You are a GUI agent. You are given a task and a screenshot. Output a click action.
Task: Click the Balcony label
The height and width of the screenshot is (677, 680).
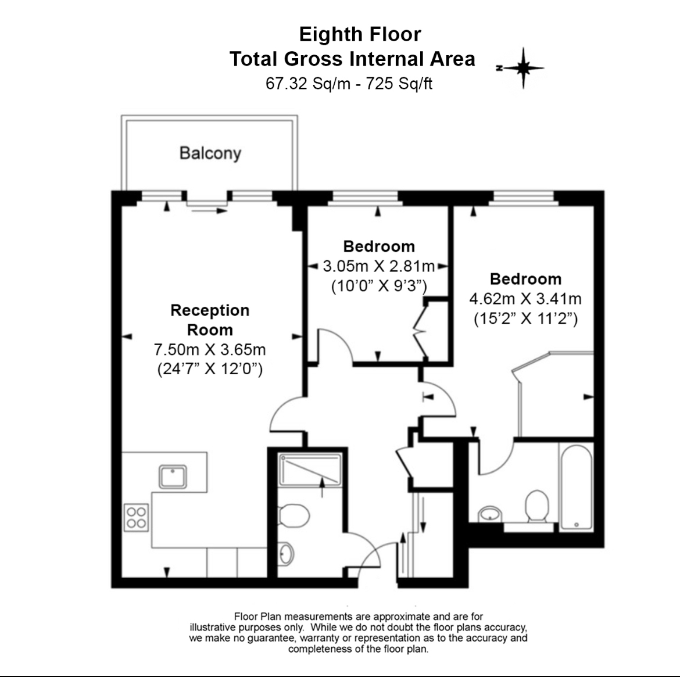(210, 153)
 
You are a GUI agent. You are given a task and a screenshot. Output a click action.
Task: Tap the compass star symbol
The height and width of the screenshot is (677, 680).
(522, 68)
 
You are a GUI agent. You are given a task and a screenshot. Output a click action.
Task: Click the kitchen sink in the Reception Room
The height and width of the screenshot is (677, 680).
(173, 477)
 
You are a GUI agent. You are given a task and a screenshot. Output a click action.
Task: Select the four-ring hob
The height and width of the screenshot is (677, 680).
(136, 517)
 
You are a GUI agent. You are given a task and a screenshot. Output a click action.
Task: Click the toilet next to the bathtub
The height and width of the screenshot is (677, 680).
(537, 506)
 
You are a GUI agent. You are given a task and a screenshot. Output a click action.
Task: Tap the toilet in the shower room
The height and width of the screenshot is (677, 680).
(294, 515)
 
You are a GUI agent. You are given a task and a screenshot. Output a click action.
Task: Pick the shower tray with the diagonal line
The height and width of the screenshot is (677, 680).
(310, 470)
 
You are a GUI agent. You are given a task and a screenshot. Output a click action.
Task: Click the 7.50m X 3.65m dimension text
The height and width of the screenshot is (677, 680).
(210, 349)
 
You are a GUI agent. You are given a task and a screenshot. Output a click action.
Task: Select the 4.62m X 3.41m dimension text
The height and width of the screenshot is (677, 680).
(525, 299)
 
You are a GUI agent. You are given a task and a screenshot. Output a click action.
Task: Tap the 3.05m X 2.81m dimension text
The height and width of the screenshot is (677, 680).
(378, 266)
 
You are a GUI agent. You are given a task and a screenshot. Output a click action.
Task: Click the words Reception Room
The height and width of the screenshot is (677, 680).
(210, 320)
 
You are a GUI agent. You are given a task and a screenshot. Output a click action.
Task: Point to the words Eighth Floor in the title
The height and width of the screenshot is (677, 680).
(360, 34)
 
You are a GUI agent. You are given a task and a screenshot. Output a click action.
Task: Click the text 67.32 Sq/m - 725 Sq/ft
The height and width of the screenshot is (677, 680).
(349, 83)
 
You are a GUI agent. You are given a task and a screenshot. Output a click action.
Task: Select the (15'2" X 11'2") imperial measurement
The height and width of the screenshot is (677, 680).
(525, 319)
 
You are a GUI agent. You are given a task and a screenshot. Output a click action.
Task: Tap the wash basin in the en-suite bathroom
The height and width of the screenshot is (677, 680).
(490, 514)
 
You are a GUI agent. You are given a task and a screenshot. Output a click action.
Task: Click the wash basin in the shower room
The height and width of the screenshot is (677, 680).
(286, 554)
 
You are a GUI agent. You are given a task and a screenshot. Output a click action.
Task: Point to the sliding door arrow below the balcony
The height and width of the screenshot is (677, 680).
(209, 211)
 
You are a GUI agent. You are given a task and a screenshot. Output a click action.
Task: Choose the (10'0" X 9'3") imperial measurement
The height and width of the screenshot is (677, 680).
(379, 286)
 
